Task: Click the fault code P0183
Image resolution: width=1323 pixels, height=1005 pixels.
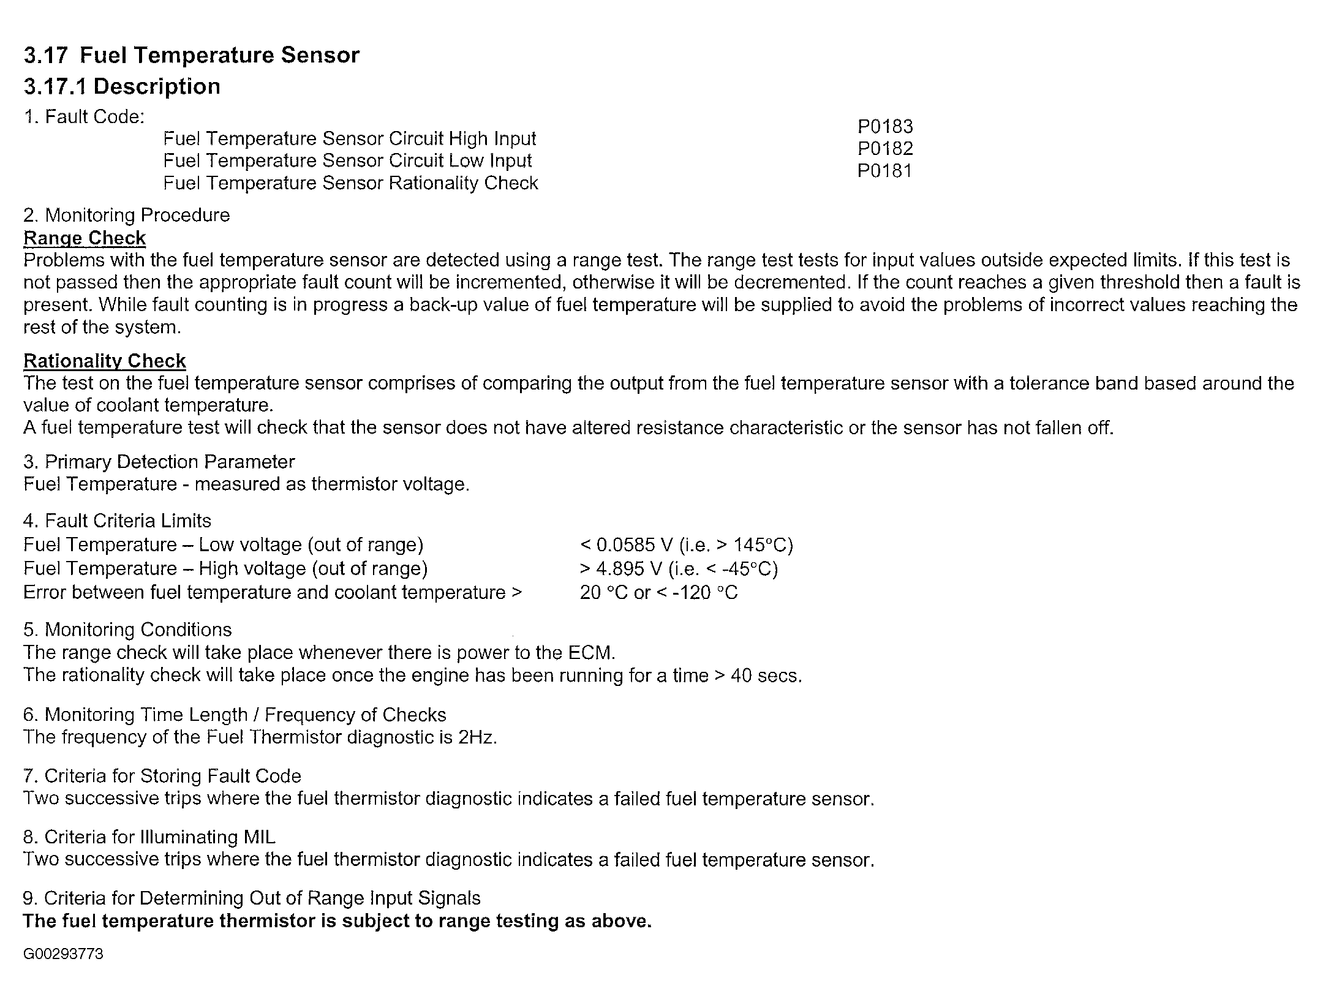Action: [x=884, y=127]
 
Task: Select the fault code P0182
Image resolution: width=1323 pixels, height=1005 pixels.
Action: [x=884, y=149]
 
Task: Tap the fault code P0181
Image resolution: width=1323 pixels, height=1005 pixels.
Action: [x=884, y=171]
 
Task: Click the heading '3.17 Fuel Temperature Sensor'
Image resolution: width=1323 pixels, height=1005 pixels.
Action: [x=191, y=55]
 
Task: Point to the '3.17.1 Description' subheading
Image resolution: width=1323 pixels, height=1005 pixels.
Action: [x=122, y=86]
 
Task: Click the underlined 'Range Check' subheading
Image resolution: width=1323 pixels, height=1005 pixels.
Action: [x=85, y=238]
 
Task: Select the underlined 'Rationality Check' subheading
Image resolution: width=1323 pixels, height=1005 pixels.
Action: [x=104, y=361]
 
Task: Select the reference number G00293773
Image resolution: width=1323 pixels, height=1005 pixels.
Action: [x=63, y=954]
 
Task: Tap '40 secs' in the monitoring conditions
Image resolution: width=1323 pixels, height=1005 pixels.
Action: [x=765, y=676]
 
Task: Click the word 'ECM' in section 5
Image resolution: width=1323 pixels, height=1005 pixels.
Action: [x=589, y=652]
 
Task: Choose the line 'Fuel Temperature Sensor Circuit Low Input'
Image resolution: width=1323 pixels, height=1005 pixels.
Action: [x=347, y=160]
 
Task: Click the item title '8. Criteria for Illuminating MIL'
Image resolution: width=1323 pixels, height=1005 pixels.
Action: [x=149, y=837]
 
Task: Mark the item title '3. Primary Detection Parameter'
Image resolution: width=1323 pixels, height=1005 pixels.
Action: [x=159, y=461]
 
